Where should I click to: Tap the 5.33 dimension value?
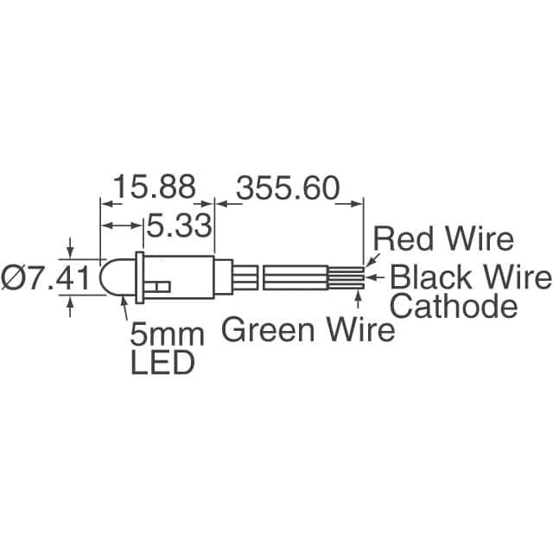click(179, 226)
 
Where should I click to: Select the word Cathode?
click(454, 306)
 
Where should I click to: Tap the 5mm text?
click(167, 334)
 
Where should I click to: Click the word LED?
click(162, 363)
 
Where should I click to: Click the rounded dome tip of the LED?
click(111, 277)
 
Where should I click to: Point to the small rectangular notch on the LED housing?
click(161, 285)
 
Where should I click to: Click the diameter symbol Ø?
click(16, 278)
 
